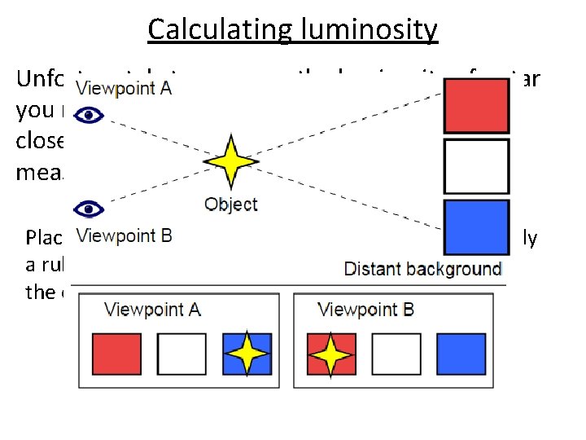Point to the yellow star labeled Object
click(x=230, y=163)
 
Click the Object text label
click(x=230, y=205)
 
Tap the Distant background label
click(x=422, y=269)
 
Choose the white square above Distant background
click(x=476, y=166)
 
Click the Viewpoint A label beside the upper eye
click(x=122, y=88)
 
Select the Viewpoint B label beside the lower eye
click(x=124, y=237)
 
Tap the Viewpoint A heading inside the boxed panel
click(x=152, y=310)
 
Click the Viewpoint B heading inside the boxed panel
click(x=366, y=310)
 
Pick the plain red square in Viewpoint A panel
click(x=116, y=354)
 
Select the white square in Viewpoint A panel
click(x=181, y=354)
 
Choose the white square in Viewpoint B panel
click(x=396, y=354)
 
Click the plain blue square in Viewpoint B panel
click(x=461, y=354)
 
